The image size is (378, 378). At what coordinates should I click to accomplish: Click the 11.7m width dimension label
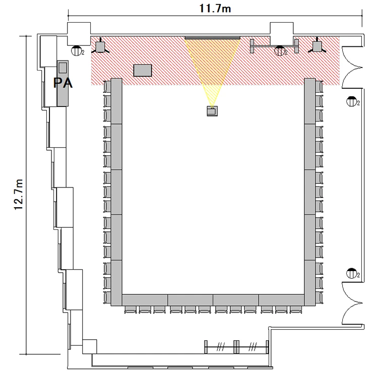215,9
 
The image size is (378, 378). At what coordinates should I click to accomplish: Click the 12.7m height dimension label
19,195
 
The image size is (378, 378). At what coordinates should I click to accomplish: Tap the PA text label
62,83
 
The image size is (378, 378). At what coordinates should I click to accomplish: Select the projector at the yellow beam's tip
212,111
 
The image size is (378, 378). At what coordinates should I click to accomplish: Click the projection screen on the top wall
213,38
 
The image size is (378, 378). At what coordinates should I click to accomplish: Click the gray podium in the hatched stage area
143,71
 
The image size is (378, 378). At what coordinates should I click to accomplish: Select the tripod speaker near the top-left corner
100,47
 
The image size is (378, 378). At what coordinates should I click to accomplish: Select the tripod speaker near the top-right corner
317,46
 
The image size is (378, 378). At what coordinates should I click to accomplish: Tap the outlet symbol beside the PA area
78,50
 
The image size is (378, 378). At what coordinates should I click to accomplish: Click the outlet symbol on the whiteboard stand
280,51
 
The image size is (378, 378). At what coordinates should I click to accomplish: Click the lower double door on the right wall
352,303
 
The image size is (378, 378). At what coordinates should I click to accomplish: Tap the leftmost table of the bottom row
145,300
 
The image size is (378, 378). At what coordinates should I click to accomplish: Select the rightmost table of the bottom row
281,300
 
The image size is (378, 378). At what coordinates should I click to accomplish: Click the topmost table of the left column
116,101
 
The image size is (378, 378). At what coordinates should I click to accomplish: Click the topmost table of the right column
310,101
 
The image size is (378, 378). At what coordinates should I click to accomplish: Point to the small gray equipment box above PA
62,67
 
